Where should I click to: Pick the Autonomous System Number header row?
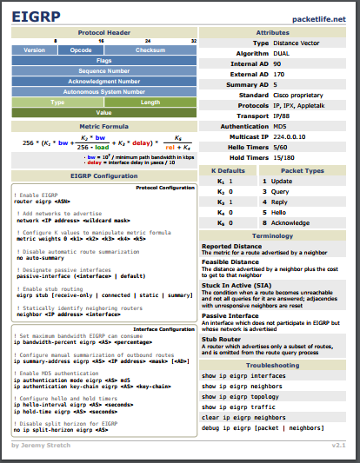pos(103,91)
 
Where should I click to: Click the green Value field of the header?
pos(103,112)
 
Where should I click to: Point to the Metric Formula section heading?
pos(103,125)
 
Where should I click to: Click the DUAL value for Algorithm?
pos(283,52)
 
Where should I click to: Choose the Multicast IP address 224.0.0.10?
pos(290,136)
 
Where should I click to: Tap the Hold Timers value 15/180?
pos(284,157)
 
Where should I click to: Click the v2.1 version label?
pos(339,444)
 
